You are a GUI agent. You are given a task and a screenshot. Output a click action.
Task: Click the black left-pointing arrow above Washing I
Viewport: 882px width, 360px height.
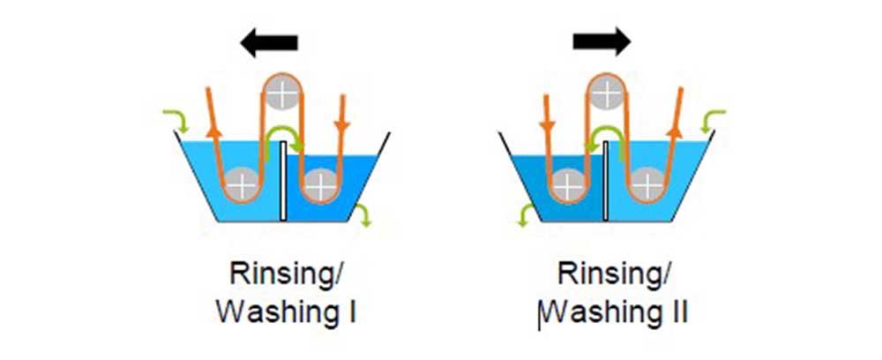coord(272,42)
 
